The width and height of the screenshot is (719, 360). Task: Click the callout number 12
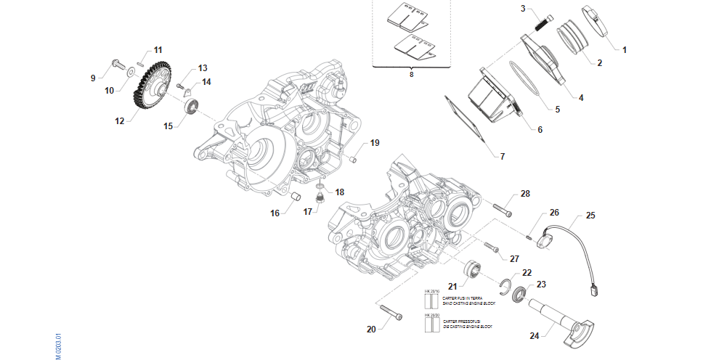pos(119,121)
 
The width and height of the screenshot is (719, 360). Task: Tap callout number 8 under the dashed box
pos(411,74)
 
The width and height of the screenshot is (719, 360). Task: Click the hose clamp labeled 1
pos(593,20)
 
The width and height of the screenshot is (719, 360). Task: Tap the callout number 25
pos(590,216)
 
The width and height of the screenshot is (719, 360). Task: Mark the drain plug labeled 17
pos(319,196)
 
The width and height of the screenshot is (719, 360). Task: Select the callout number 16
pos(275,213)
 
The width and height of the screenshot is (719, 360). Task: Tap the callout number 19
pos(375,143)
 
